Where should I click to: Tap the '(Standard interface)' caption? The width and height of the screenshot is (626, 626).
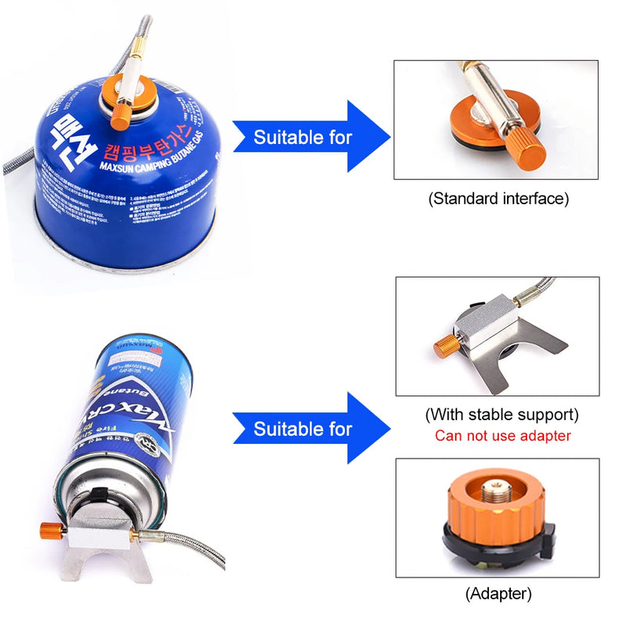click(x=498, y=199)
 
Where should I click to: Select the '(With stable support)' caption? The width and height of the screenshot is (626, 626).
click(x=502, y=414)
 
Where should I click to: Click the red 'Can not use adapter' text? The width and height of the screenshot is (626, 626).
click(x=502, y=436)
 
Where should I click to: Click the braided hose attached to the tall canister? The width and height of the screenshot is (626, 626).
click(x=188, y=541)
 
